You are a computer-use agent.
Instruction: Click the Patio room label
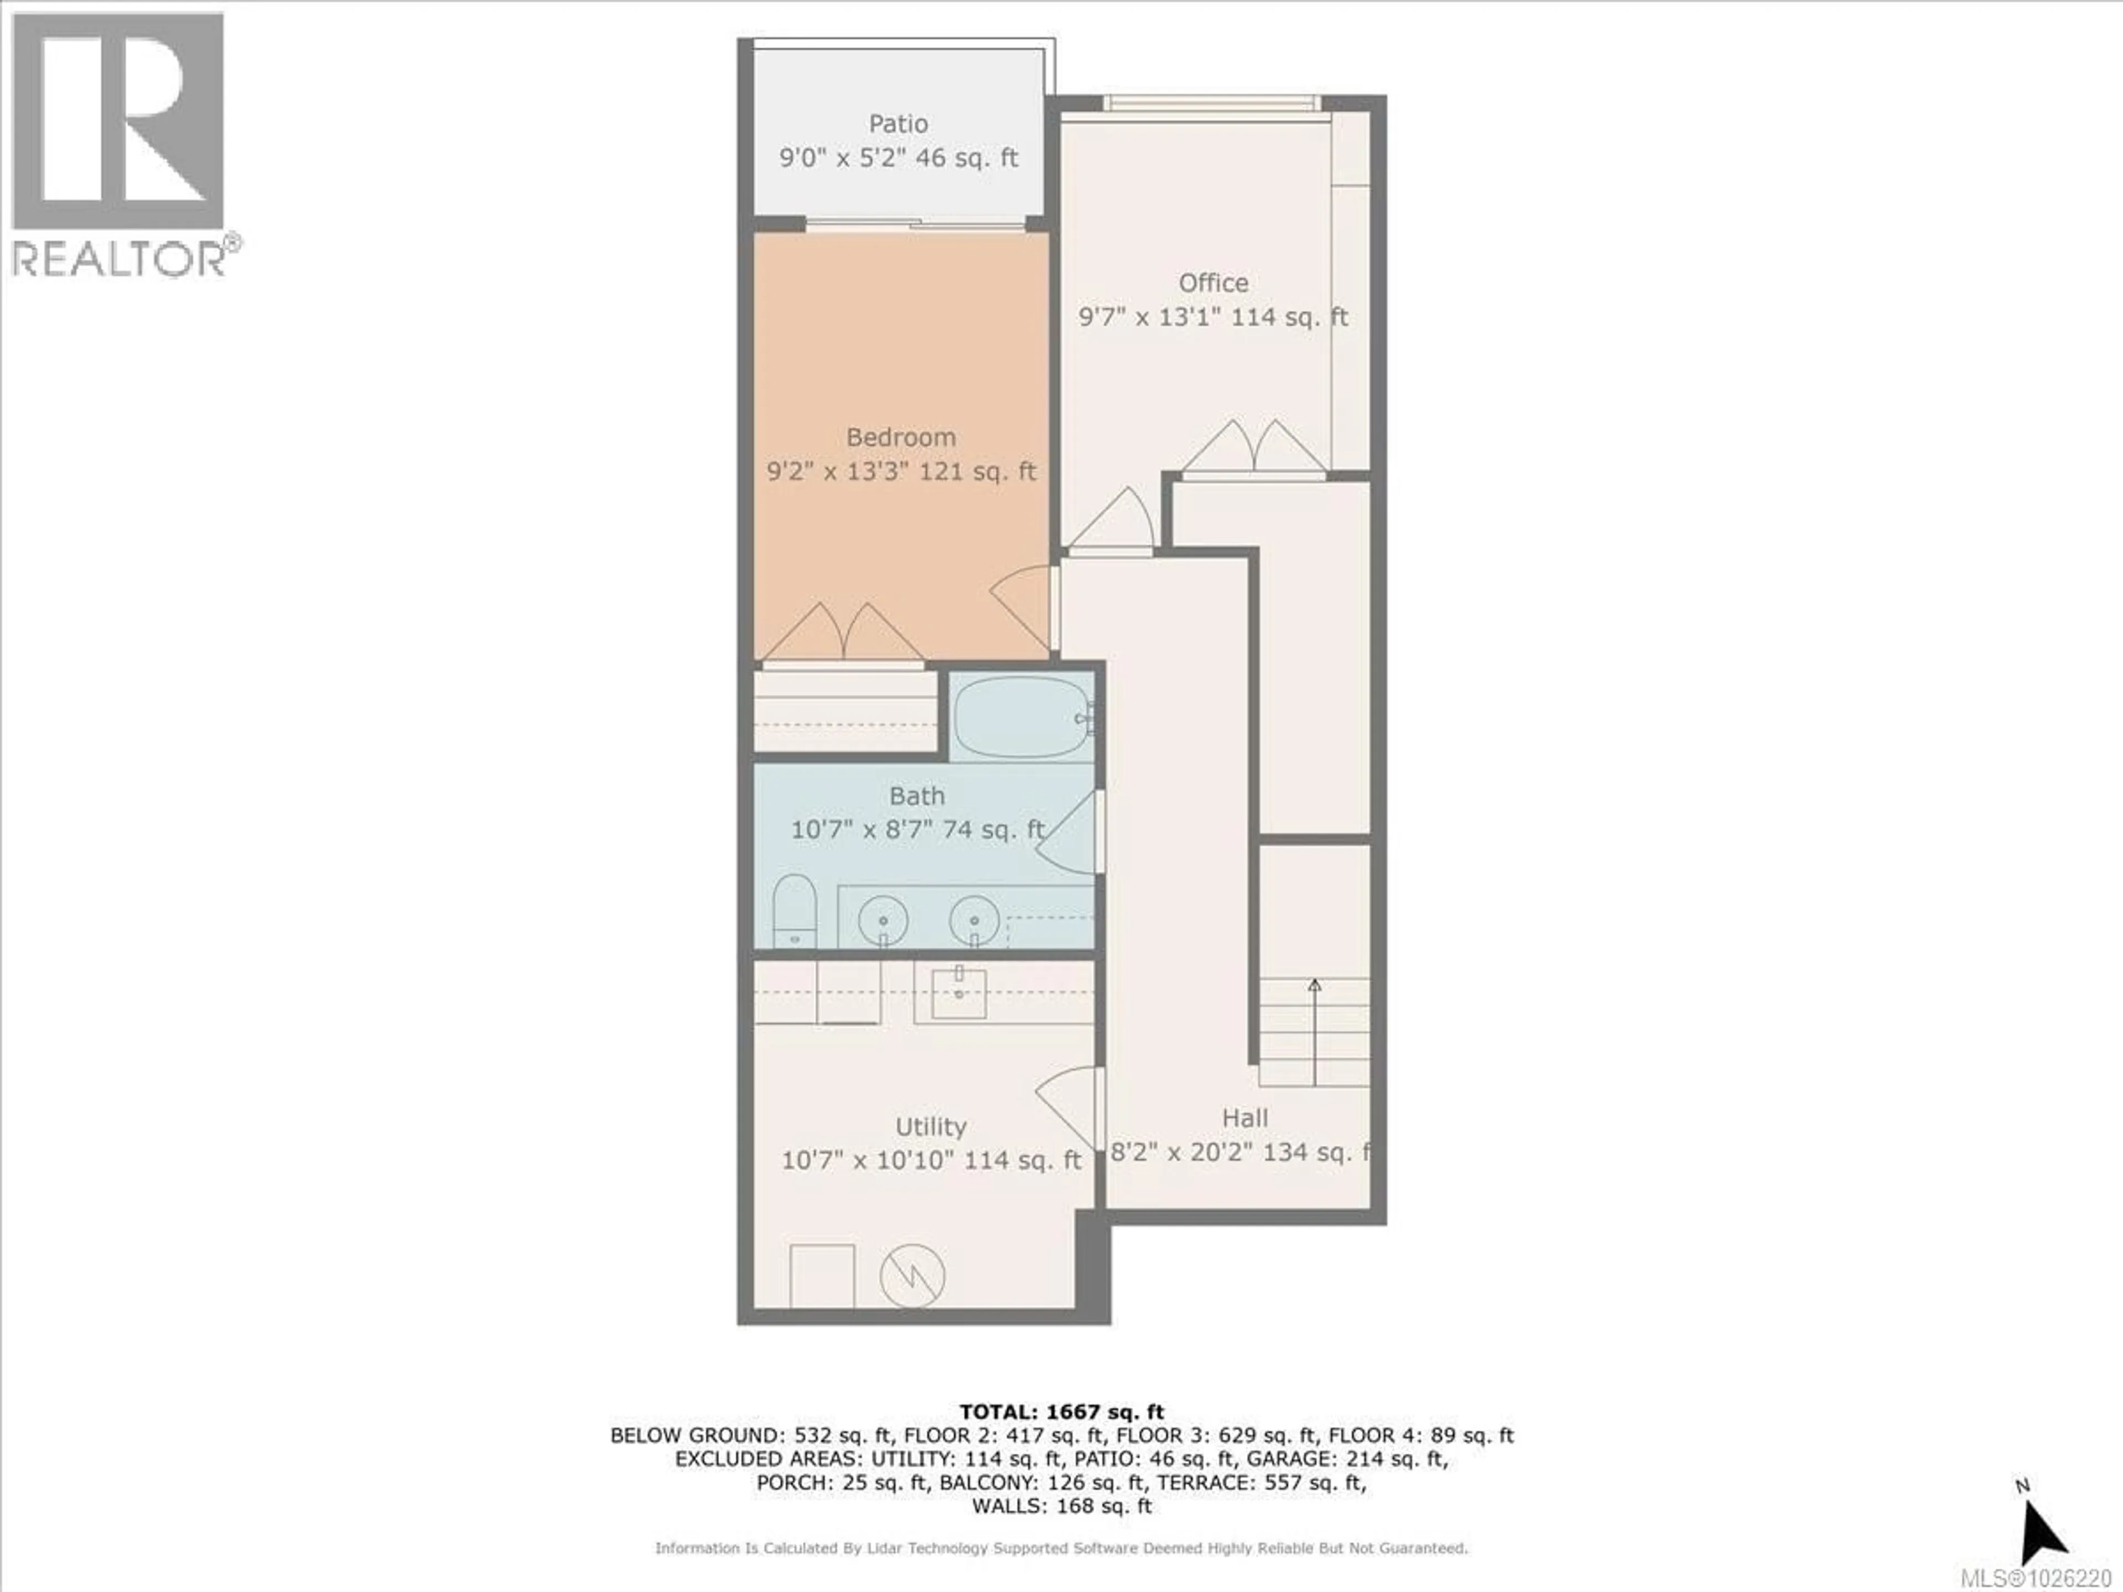898,124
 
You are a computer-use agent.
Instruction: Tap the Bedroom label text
900,438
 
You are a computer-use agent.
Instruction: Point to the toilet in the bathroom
794,910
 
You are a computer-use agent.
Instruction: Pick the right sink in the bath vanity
974,921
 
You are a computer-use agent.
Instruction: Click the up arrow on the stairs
1314,987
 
